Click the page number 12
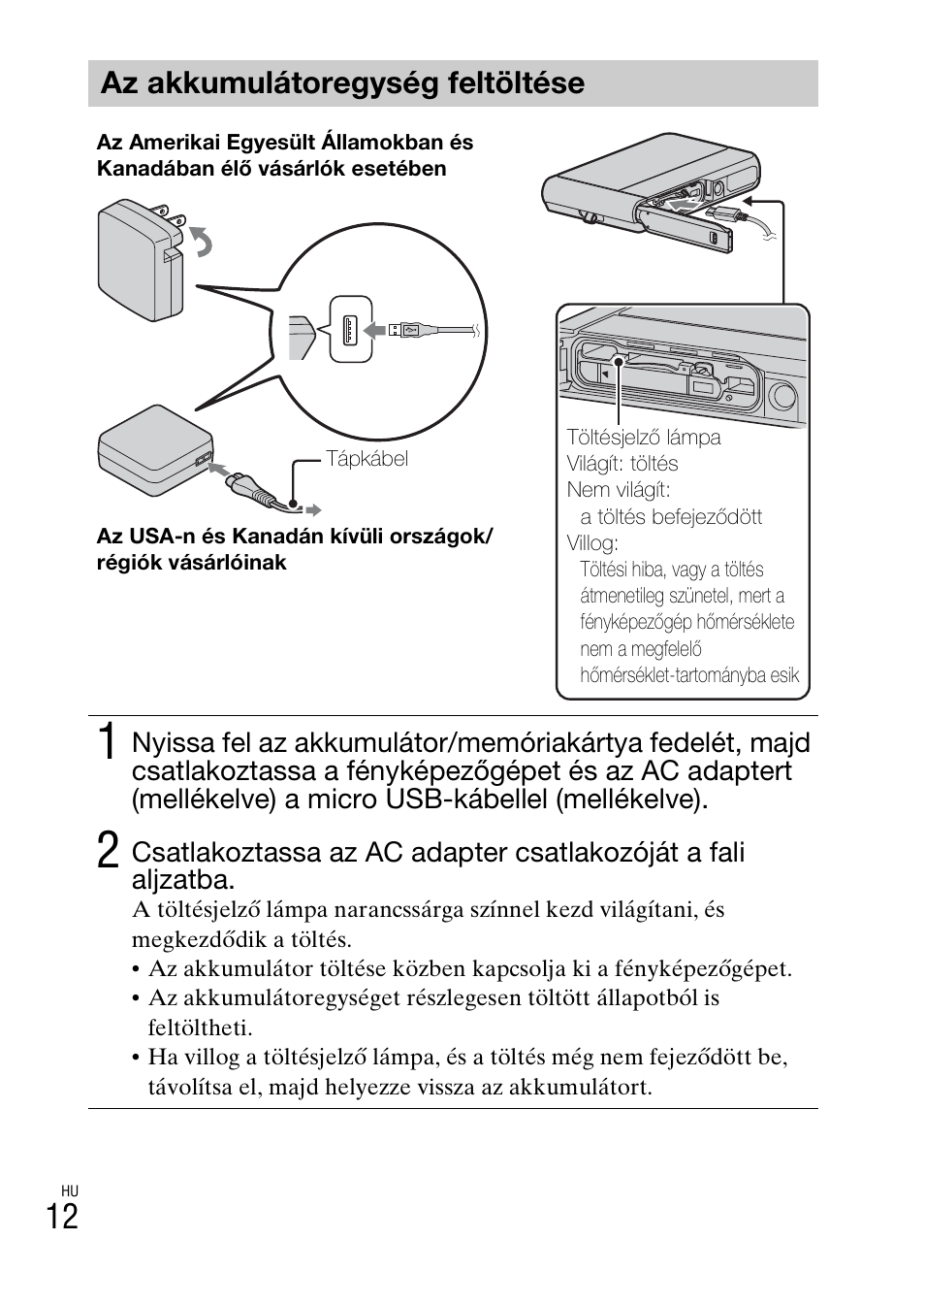61,1216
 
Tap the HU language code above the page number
69,1191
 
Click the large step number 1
109,742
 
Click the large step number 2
109,851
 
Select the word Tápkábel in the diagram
367,459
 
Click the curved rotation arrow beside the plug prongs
202,242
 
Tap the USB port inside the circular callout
349,330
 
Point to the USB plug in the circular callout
405,330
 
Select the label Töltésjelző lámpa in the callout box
644,438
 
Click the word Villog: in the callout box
592,542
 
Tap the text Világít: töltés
622,464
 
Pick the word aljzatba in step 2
181,880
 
